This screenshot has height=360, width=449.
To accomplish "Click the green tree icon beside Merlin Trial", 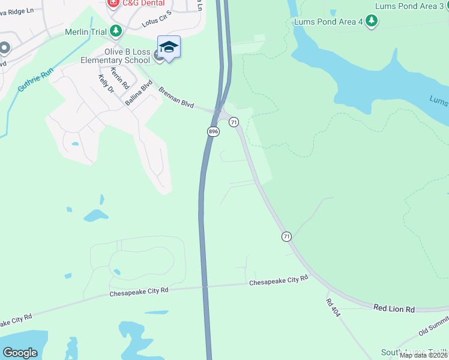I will [115, 31].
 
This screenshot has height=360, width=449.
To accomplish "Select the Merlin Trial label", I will [87, 31].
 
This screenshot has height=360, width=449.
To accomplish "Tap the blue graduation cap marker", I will [169, 47].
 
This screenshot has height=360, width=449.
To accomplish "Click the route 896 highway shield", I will [212, 131].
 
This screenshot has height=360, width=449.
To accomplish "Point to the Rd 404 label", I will [333, 308].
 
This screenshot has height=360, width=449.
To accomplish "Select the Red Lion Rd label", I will [394, 308].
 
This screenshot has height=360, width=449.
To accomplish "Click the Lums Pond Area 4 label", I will [328, 22].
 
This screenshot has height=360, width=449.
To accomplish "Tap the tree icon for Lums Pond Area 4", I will [372, 22].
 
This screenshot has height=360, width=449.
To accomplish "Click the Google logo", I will [20, 353].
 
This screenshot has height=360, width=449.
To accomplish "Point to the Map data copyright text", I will [424, 355].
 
